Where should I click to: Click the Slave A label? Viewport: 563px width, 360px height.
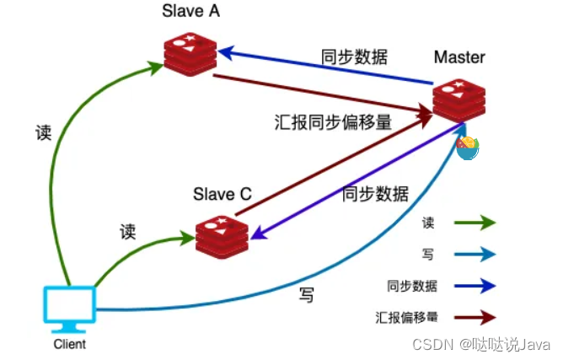(193, 13)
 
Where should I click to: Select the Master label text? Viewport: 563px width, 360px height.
(459, 57)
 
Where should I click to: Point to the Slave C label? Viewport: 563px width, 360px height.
(223, 194)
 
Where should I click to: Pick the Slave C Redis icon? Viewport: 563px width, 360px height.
(221, 235)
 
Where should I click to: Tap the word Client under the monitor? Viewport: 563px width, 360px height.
(69, 344)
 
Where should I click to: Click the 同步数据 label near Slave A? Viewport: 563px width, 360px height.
(355, 57)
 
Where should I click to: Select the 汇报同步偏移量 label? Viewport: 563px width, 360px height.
(334, 121)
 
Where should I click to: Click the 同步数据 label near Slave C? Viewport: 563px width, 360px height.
(375, 194)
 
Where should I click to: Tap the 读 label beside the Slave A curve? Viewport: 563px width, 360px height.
(43, 133)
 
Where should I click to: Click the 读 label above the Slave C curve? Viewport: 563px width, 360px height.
(128, 231)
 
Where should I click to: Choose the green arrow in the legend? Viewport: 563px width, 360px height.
(477, 223)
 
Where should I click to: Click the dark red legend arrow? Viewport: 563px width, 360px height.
(477, 318)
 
